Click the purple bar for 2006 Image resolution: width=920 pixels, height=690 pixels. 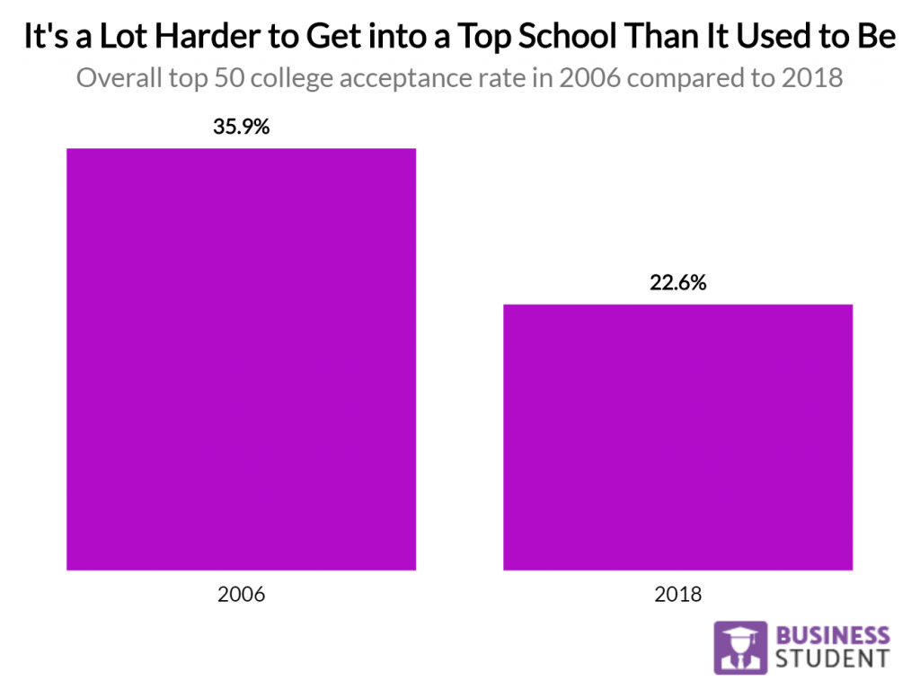tap(241, 359)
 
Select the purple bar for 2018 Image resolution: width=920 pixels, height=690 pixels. tap(677, 438)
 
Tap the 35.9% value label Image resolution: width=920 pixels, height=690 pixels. tap(241, 127)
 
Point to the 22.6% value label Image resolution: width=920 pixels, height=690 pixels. tap(677, 283)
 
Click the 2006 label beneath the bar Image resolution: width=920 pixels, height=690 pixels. tap(241, 594)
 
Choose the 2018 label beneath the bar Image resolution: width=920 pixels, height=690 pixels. tap(677, 594)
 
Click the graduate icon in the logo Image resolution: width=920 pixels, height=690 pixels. tap(740, 648)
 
